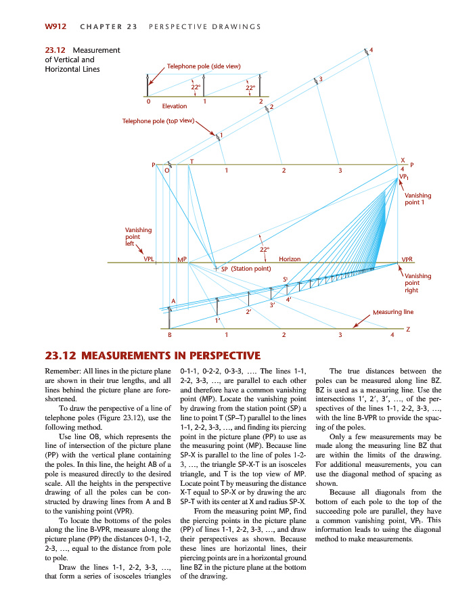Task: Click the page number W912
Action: tap(55, 26)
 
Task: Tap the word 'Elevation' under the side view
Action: tap(175, 106)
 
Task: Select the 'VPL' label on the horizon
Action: tap(149, 258)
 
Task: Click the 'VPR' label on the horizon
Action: tap(407, 258)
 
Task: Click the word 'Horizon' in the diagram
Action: tap(290, 258)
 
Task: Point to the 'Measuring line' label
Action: tap(393, 312)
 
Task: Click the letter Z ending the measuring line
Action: tap(408, 328)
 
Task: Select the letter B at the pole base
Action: tap(169, 334)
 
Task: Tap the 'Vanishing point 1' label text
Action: tap(417, 199)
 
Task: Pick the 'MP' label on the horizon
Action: tap(181, 259)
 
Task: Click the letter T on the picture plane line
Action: tap(191, 162)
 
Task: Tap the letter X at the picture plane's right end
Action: tap(403, 159)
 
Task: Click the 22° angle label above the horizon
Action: tap(266, 250)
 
